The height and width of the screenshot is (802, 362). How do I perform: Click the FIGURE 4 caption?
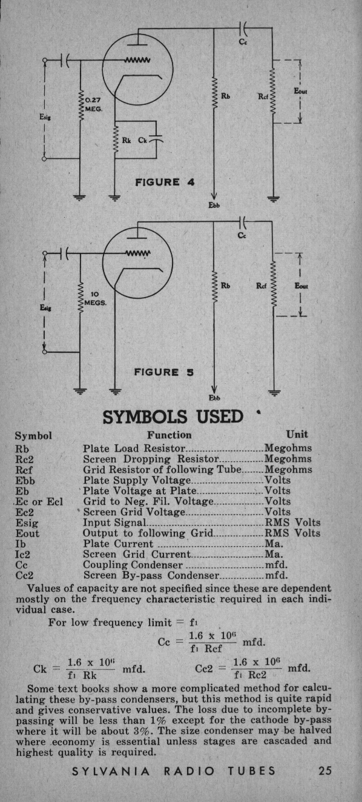click(165, 182)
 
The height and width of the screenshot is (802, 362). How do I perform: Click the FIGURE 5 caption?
click(164, 372)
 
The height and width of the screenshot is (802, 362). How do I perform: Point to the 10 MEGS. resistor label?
click(95, 299)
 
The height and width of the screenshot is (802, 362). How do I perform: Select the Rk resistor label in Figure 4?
click(127, 140)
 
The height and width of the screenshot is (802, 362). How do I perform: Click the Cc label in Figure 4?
click(243, 42)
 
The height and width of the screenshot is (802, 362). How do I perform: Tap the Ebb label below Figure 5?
click(214, 398)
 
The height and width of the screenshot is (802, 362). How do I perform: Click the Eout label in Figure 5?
click(301, 286)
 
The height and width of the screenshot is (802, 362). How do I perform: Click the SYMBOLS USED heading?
click(173, 416)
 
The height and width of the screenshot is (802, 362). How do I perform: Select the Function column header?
click(169, 435)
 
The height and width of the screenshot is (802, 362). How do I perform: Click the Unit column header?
click(297, 434)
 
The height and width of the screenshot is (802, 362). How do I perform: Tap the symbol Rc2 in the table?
click(24, 459)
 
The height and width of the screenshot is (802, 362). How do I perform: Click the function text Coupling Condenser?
click(133, 565)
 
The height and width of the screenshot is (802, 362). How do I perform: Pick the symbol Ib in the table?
click(21, 544)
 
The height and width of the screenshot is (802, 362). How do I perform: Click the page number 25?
click(325, 770)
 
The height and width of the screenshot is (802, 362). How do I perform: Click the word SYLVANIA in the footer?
click(111, 771)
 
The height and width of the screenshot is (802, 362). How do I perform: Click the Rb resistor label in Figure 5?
click(225, 286)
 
